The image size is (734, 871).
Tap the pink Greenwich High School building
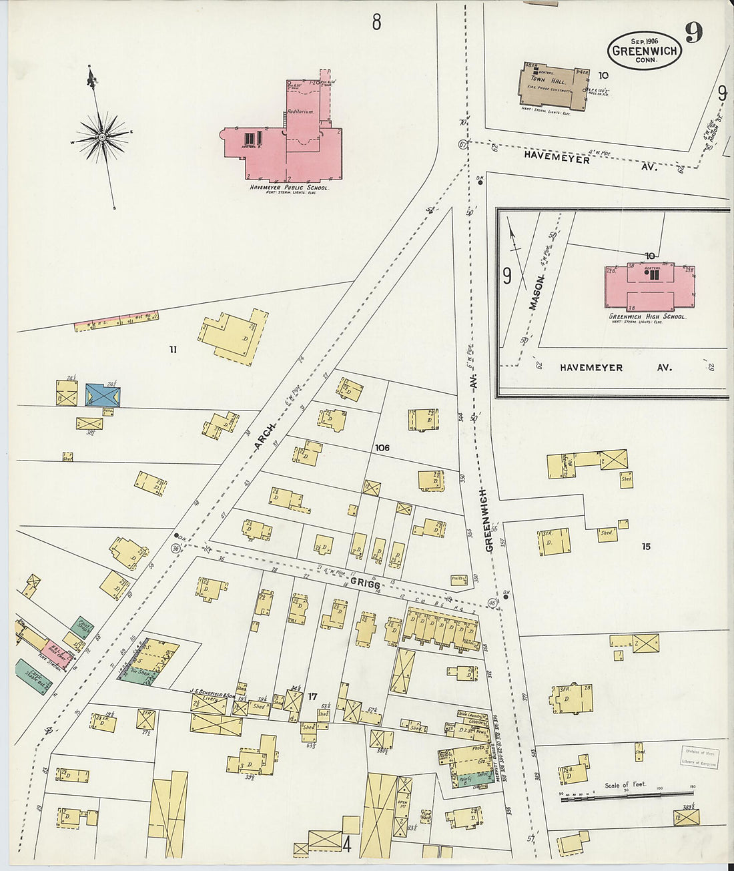[649, 285]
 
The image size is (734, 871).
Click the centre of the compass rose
[102, 137]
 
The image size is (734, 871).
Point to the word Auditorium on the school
[300, 111]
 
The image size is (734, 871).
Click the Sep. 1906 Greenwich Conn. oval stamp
[644, 50]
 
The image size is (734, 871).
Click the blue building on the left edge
[103, 395]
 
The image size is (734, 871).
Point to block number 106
[382, 447]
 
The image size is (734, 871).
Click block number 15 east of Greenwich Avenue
[645, 547]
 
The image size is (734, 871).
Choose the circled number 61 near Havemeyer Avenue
[462, 144]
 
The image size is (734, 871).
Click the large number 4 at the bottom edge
[346, 844]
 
